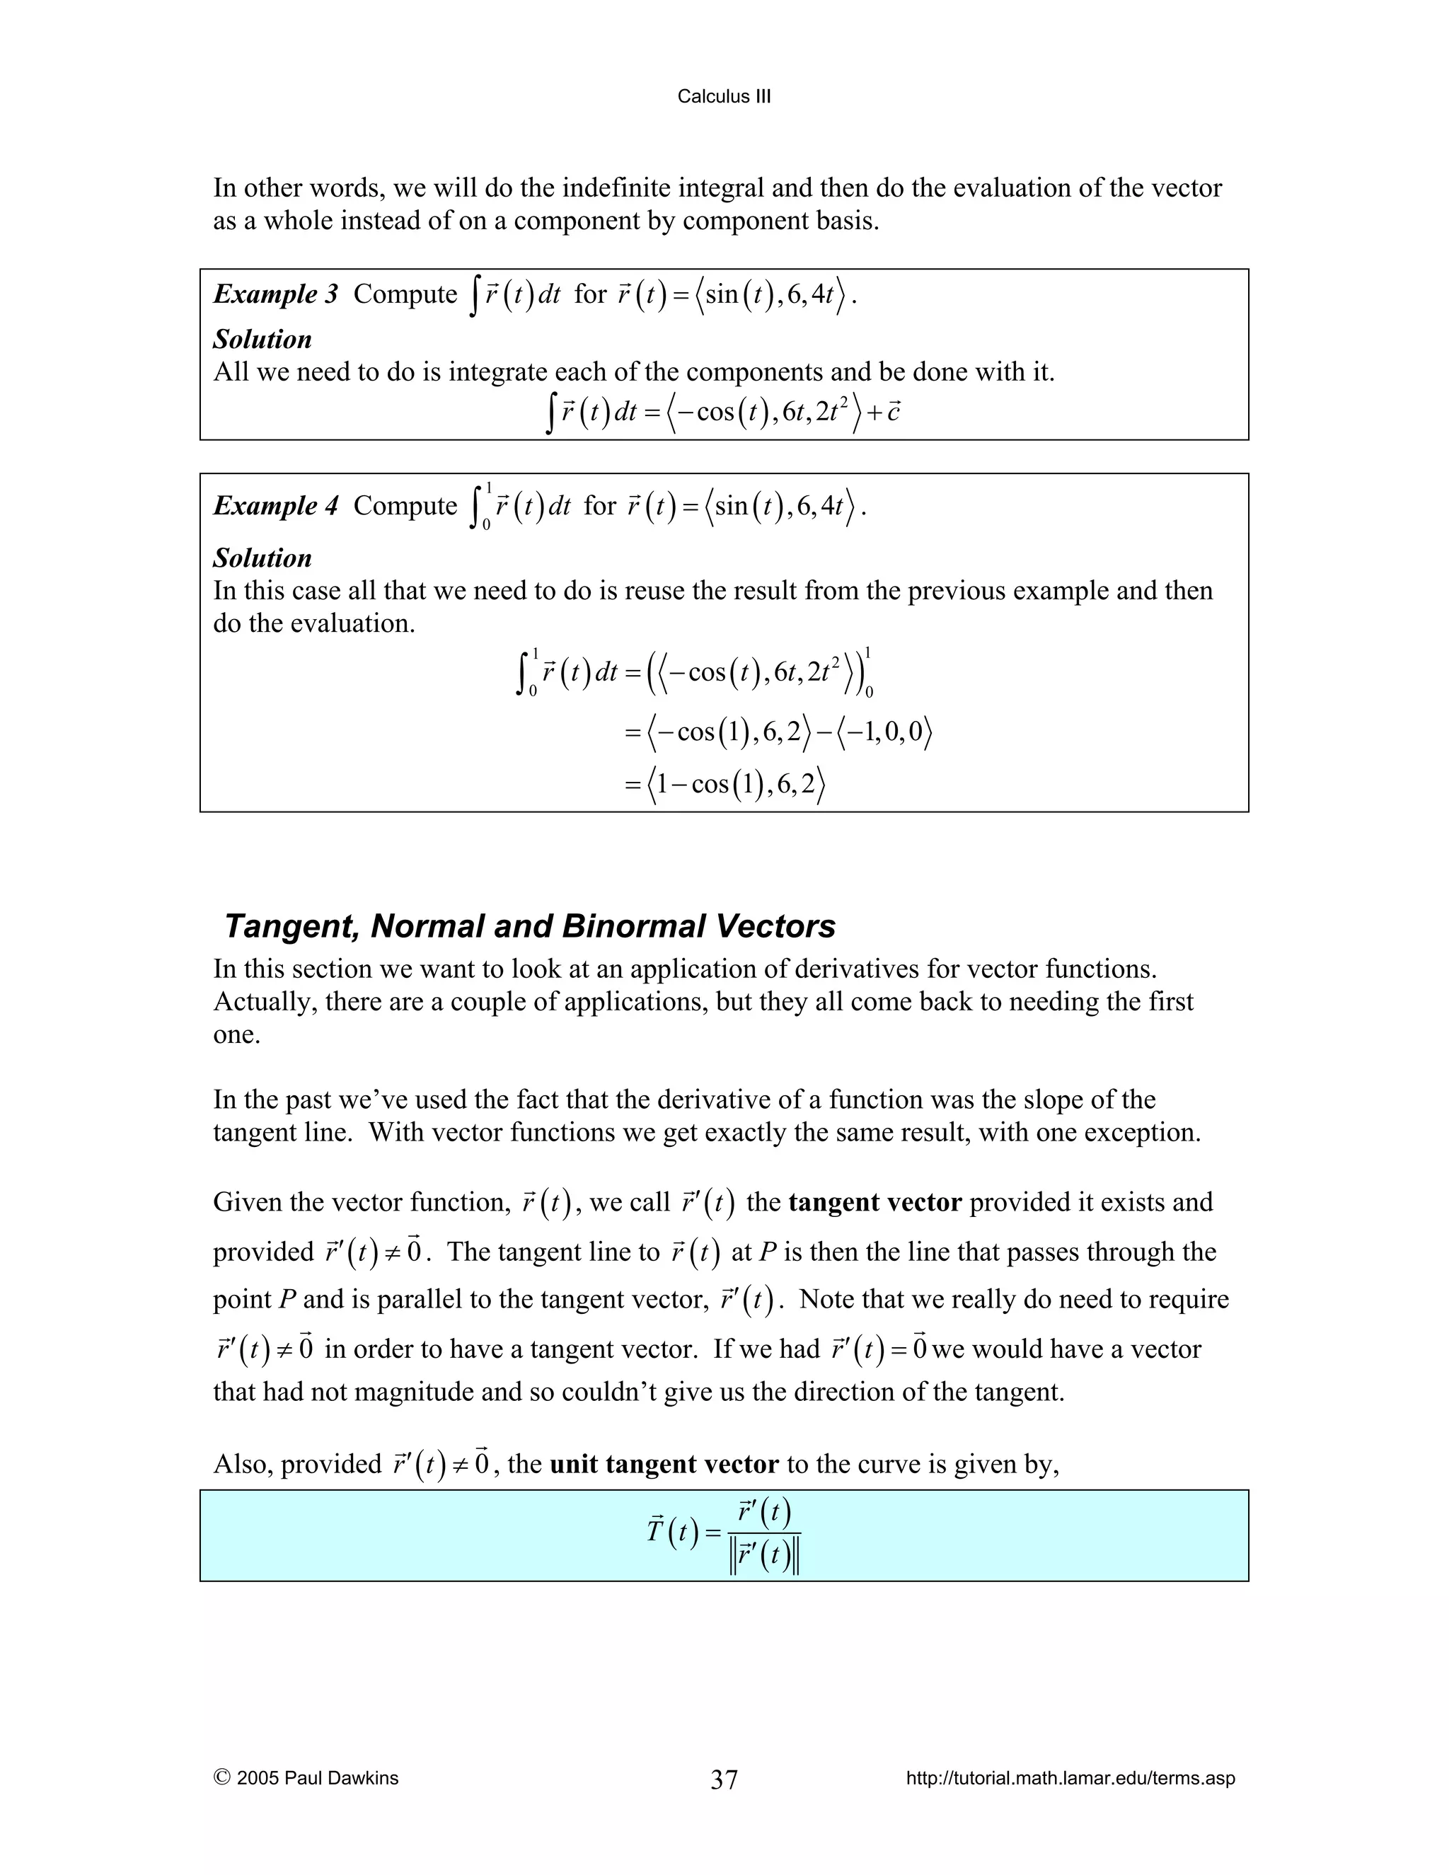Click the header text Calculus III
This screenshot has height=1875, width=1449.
(724, 97)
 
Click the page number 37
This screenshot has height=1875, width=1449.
(724, 1779)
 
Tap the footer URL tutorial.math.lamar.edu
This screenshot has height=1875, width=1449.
(1070, 1778)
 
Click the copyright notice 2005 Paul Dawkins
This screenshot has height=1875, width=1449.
(306, 1778)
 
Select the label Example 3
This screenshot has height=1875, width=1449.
(275, 294)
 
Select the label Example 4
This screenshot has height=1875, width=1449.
(275, 506)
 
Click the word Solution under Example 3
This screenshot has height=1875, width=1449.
(262, 339)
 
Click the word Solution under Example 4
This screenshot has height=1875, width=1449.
(262, 558)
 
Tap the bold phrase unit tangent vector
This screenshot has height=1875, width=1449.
(664, 1464)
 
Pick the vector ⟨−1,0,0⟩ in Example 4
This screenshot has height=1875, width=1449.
(884, 732)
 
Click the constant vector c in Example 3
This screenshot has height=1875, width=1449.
(893, 412)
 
